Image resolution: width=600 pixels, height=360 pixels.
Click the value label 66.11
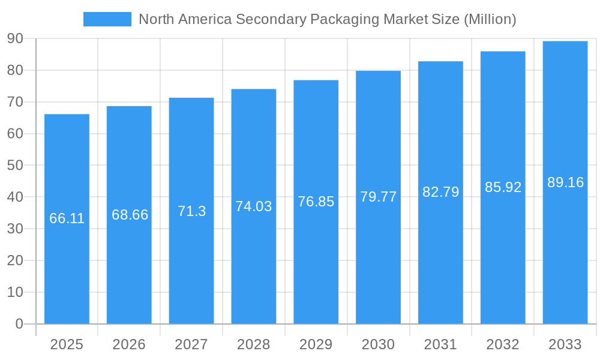[x=67, y=218]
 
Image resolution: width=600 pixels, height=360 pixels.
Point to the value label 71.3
[x=191, y=211]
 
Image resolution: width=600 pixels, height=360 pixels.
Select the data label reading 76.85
[x=316, y=202]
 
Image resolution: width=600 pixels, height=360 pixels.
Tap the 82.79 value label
[x=440, y=192]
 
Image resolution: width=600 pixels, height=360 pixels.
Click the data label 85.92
[x=503, y=187]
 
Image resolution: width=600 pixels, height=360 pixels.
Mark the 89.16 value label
[x=565, y=182]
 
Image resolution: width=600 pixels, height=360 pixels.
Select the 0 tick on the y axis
[x=19, y=324]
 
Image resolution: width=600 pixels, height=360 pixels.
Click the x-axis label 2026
[x=129, y=344]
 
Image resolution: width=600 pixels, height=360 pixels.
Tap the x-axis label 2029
[x=316, y=344]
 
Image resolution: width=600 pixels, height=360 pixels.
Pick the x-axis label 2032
[x=503, y=344]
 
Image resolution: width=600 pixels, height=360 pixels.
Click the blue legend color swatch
[x=107, y=19]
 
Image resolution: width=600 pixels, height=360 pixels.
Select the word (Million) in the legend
[x=490, y=19]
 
